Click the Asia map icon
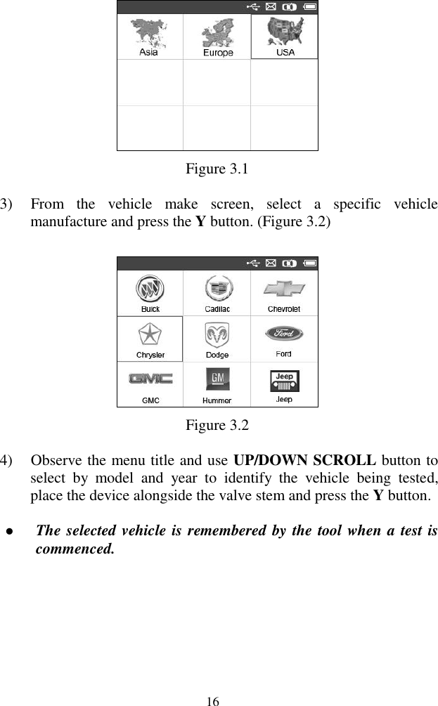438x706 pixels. click(149, 32)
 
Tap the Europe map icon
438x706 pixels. click(217, 33)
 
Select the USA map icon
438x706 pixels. click(285, 32)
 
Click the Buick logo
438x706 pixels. click(150, 289)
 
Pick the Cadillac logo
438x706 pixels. click(217, 289)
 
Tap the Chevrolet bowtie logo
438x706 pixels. click(284, 289)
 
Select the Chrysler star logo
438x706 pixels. click(150, 334)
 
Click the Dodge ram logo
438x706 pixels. click(217, 334)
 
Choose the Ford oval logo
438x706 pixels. click(284, 333)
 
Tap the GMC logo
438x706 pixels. click(150, 379)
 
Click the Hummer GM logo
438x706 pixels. click(217, 380)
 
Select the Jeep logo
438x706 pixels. click(284, 380)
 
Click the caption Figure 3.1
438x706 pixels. click(217, 169)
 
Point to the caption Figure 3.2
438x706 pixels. click(217, 425)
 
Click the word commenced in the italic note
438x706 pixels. click(74, 548)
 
